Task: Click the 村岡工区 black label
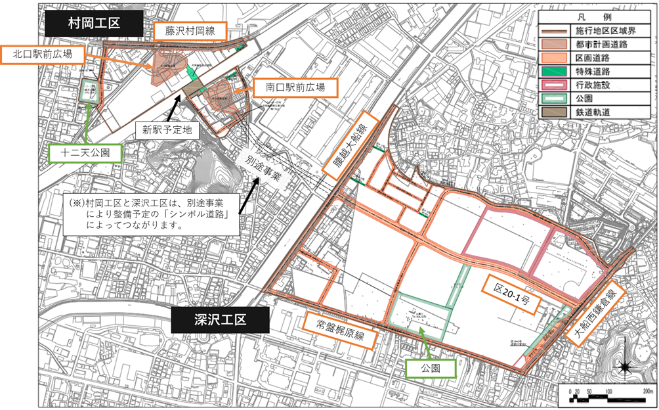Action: coord(94,23)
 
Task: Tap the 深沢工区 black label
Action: coord(220,320)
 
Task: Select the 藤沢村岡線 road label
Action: coord(190,30)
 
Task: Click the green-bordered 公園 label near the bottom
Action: coord(431,369)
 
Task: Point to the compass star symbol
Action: coord(625,367)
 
